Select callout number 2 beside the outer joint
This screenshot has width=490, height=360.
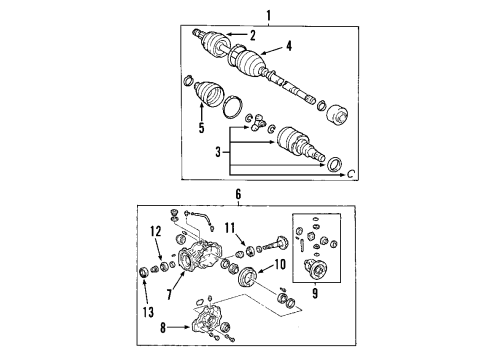[252, 36]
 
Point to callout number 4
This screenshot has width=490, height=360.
[288, 45]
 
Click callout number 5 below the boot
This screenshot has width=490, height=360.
[201, 128]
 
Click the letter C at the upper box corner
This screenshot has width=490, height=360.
[350, 174]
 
